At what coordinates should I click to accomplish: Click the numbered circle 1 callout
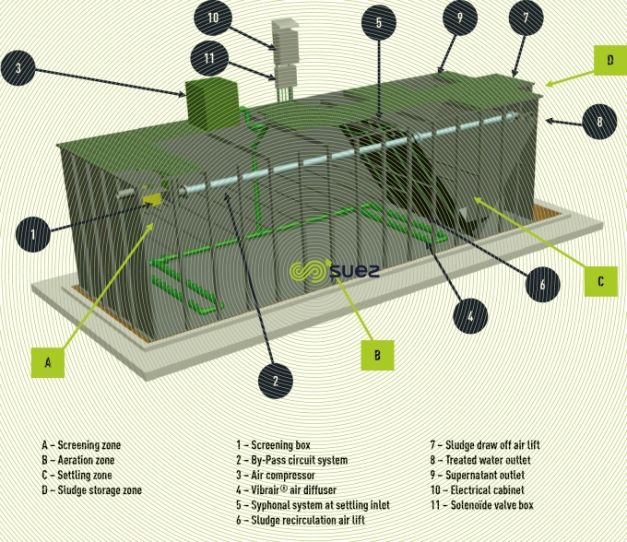33,236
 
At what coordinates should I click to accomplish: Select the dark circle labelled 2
275,379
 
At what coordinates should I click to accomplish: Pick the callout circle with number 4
470,315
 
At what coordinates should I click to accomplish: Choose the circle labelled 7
526,18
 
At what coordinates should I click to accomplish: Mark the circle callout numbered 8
598,120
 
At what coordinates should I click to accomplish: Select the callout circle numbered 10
213,18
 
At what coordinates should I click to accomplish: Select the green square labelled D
609,63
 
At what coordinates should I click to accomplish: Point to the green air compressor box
211,101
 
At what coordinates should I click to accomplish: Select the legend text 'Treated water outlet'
488,460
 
